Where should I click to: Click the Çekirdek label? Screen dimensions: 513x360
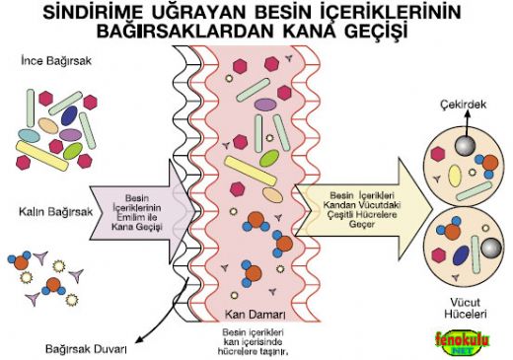[461, 102]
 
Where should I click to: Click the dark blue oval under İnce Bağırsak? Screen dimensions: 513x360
[70, 116]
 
